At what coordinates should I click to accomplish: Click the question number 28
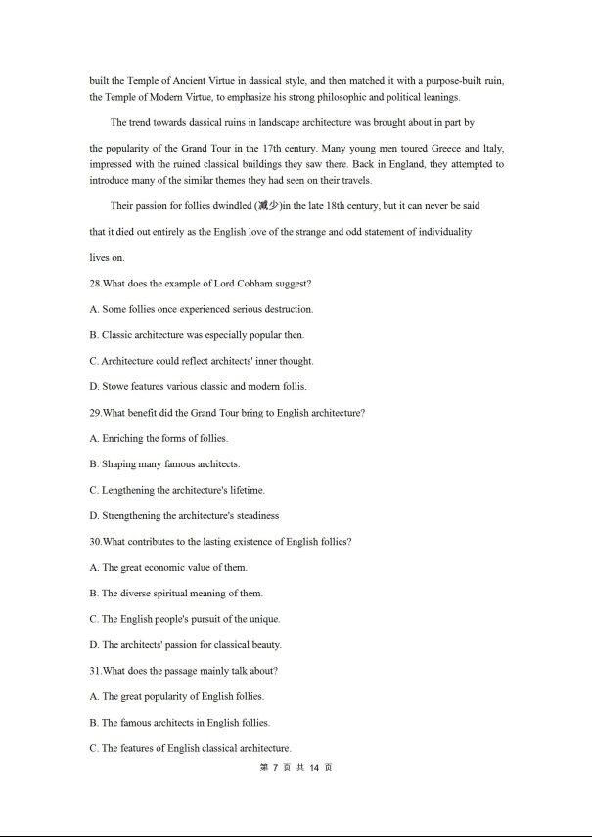coord(94,284)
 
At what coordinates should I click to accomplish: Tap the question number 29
coord(94,413)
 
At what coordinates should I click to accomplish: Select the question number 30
coord(94,542)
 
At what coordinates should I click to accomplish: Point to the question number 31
coord(94,671)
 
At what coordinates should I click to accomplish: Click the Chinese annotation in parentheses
coord(267,206)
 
